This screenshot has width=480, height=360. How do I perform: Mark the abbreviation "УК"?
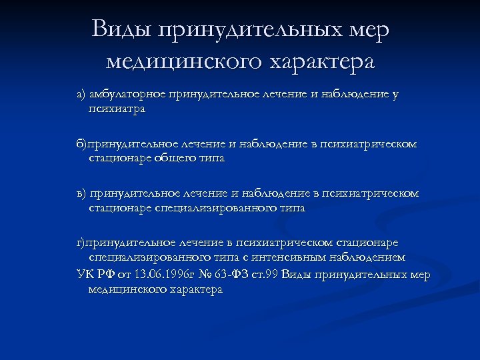pos(85,274)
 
